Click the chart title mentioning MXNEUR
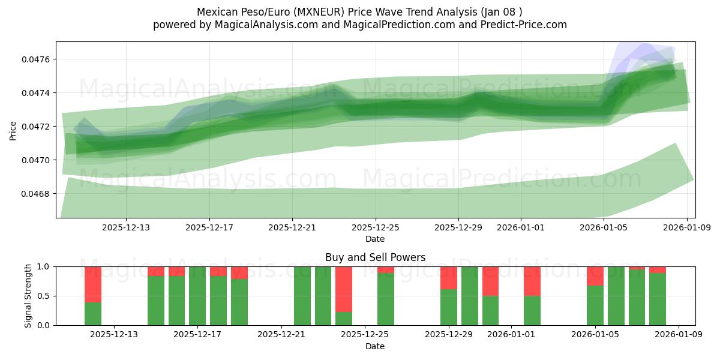tap(359, 12)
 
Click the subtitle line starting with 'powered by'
tap(359, 25)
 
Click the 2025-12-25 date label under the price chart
tap(376, 228)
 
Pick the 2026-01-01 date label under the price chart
tap(521, 228)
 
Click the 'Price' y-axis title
tap(13, 130)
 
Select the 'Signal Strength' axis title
tap(28, 296)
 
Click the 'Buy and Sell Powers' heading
tap(375, 257)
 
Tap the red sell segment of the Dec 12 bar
tap(93, 284)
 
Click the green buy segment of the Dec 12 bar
tap(93, 314)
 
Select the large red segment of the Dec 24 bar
tap(344, 289)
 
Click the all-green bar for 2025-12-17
tap(197, 296)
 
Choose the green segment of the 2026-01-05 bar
tap(595, 305)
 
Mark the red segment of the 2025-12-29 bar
tap(449, 278)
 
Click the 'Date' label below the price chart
tap(375, 239)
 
